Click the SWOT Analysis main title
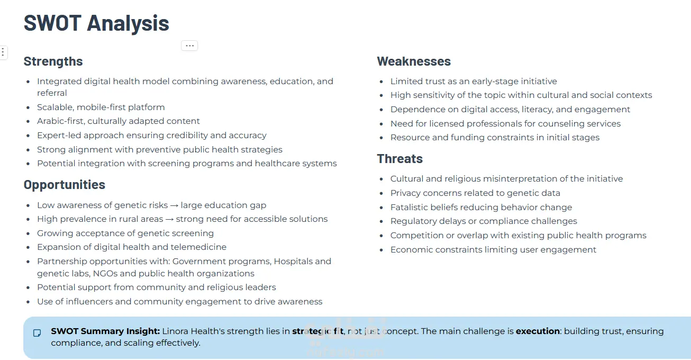tap(96, 23)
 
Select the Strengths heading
tap(53, 61)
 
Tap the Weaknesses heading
tap(414, 61)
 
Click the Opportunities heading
tap(65, 185)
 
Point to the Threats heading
tap(400, 159)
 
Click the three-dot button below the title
tap(189, 46)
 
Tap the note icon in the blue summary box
tap(37, 333)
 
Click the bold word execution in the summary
tap(538, 331)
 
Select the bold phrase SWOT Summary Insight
tap(105, 331)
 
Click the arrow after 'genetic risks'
tap(174, 205)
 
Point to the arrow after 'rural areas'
tap(170, 219)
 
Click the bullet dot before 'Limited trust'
tap(381, 82)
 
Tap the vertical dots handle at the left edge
tap(3, 52)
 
